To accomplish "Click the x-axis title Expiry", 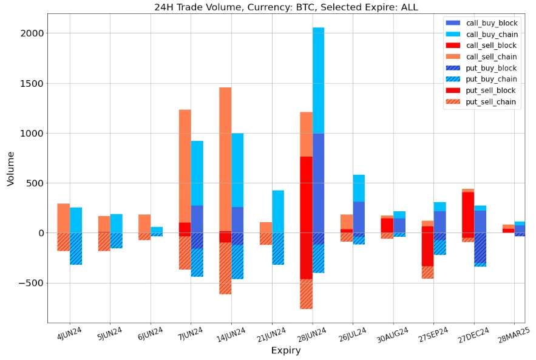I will tap(286, 350).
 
